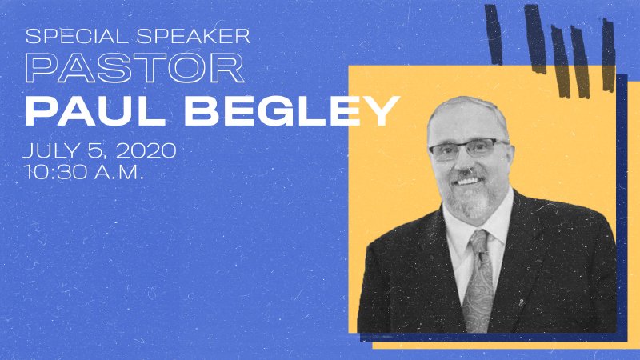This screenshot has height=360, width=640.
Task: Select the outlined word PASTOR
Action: click(x=134, y=70)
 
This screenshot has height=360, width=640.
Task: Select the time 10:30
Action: click(x=53, y=172)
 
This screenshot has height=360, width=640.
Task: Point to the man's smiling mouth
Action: click(x=471, y=181)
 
